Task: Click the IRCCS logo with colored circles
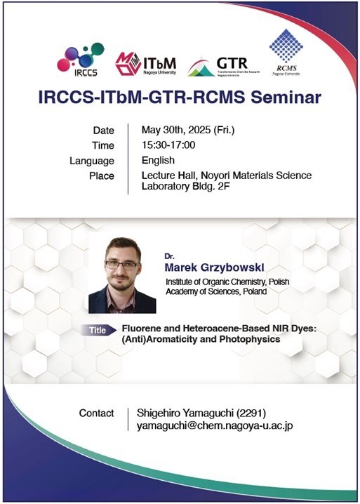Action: click(81, 60)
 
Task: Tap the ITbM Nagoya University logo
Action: click(145, 64)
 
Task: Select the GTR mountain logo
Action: click(224, 67)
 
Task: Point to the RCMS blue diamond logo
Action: click(286, 52)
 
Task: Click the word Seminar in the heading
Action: click(286, 98)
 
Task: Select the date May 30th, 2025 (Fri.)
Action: click(188, 130)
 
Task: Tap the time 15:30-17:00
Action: click(168, 145)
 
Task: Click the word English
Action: click(158, 160)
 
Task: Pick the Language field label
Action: click(92, 161)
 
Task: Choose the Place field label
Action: click(102, 175)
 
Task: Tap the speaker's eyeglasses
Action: click(122, 265)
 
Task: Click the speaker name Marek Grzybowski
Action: click(215, 267)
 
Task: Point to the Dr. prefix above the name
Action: click(169, 256)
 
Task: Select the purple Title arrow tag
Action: click(98, 331)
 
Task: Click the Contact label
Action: click(96, 413)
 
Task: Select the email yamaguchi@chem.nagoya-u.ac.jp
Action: click(215, 426)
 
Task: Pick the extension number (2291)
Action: click(251, 413)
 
